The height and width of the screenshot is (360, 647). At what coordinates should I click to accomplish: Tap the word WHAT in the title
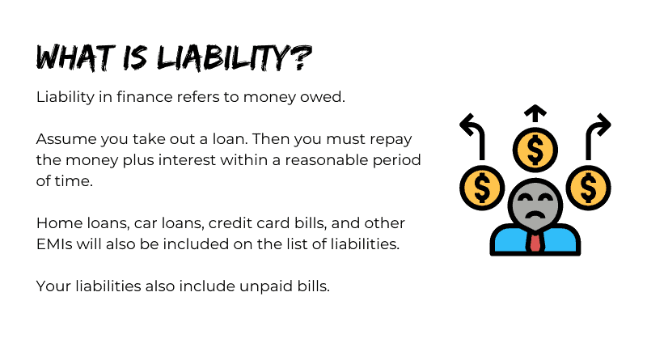point(75,57)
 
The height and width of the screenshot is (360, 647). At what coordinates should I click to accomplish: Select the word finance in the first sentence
point(145,97)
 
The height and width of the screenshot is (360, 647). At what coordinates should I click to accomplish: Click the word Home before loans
point(59,223)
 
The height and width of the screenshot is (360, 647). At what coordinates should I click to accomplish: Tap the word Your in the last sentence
point(53,286)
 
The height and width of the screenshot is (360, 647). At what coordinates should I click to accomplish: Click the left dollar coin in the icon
point(481,188)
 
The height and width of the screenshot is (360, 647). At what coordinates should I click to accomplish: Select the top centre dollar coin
point(535,150)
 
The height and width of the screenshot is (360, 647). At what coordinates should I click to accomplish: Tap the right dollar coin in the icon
point(589,188)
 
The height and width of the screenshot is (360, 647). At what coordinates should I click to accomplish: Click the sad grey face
point(535,204)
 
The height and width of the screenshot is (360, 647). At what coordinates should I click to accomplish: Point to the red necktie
point(535,243)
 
